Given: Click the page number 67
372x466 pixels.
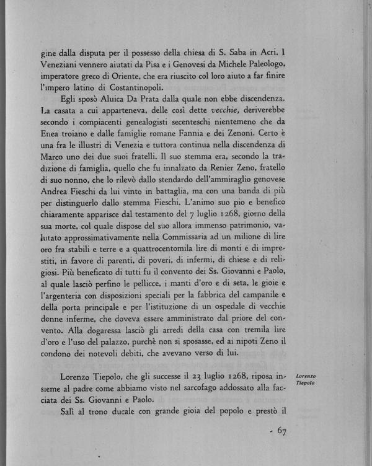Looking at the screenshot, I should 280,430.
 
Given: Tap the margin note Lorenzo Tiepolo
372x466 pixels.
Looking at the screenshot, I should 305,380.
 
